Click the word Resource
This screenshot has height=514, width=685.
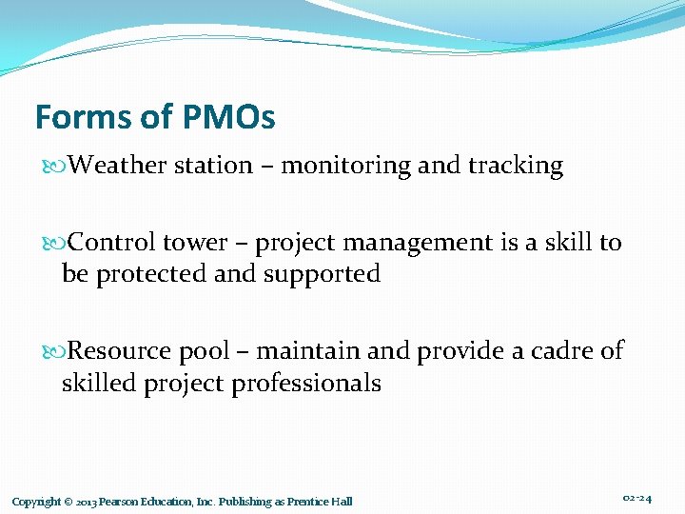point(119,351)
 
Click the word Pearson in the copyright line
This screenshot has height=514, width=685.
point(123,502)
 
